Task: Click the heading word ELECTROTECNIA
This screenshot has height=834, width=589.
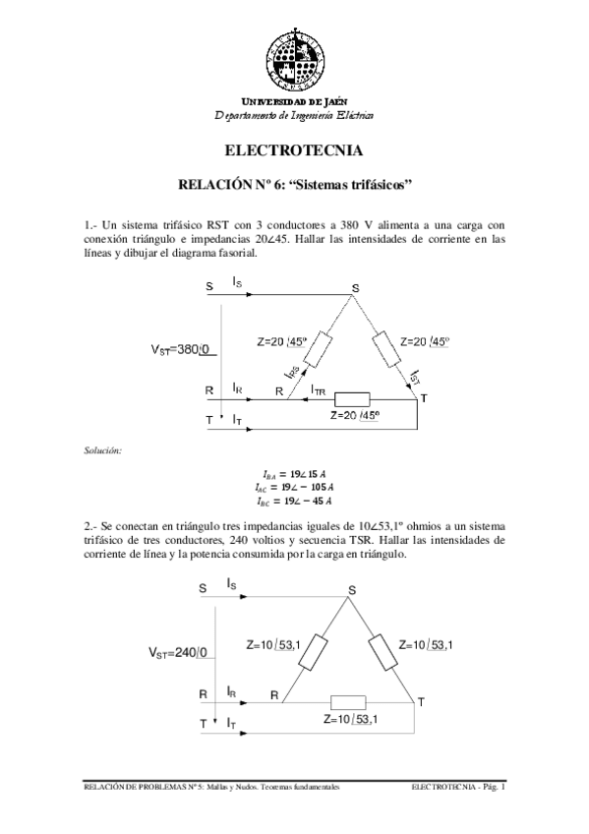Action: tap(294, 151)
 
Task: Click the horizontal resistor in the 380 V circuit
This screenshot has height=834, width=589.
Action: tap(352, 399)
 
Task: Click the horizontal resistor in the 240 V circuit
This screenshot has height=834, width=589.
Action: tap(348, 702)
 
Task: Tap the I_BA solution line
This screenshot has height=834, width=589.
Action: tap(294, 474)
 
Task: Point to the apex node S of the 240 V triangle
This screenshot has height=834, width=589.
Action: tap(351, 590)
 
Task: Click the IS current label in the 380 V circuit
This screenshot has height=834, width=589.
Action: tap(238, 283)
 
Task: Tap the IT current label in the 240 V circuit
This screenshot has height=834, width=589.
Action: tap(231, 723)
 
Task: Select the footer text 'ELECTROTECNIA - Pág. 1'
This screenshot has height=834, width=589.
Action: tap(458, 788)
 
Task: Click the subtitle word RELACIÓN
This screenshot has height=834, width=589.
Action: tap(214, 184)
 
